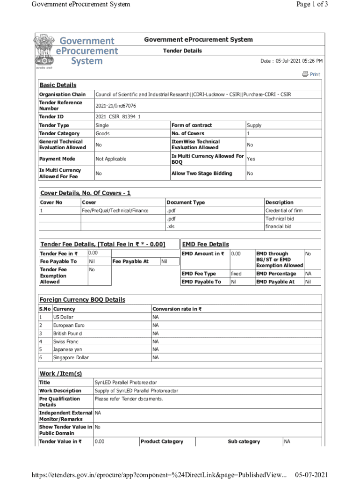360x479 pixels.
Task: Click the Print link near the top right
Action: pos(311,74)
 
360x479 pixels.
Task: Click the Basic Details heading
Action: pos(58,85)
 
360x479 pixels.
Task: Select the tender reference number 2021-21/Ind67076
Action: pos(115,106)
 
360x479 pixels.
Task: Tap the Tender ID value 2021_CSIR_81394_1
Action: pos(118,116)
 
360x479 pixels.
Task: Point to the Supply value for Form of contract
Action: pos(254,125)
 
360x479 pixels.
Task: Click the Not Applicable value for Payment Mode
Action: pos(111,159)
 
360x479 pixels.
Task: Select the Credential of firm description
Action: pos(284,210)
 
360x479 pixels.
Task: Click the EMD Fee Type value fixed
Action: pos(237,274)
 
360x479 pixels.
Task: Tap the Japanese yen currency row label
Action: pos(67,349)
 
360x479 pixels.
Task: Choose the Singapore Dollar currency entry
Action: pos(71,358)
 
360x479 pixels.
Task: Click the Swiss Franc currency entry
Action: pos(65,341)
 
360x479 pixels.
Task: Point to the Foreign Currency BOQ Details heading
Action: pos(82,299)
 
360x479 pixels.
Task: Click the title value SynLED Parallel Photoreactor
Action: pos(126,383)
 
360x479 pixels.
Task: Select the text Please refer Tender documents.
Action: pos(129,399)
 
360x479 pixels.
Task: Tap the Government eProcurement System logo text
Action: pos(87,51)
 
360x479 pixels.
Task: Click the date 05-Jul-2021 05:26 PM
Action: pos(291,61)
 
